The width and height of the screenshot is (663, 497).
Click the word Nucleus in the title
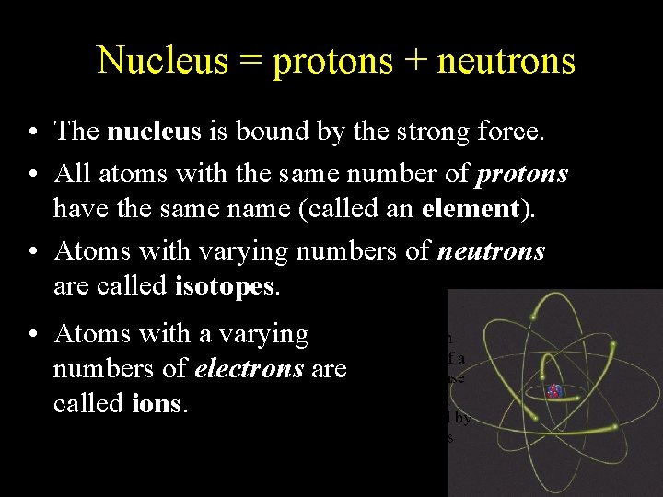pos(162,61)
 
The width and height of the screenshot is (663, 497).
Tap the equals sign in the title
pos(250,61)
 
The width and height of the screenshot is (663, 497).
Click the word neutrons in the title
pos(506,61)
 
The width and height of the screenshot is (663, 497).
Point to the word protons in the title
pos(331,61)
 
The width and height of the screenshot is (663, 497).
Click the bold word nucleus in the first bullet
pos(154,132)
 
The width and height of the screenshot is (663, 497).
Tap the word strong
pos(429,132)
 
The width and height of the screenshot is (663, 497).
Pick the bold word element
pos(470,208)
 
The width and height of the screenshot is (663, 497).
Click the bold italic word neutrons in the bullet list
pos(493,251)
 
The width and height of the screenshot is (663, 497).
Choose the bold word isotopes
pos(225,286)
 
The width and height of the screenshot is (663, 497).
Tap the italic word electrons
pos(249,369)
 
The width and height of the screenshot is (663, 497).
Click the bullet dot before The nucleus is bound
pos(32,133)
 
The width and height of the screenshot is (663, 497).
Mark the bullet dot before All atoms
pos(32,174)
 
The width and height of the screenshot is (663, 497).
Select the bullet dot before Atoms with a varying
pos(32,334)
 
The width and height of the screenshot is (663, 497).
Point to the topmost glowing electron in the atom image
pos(534,317)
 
